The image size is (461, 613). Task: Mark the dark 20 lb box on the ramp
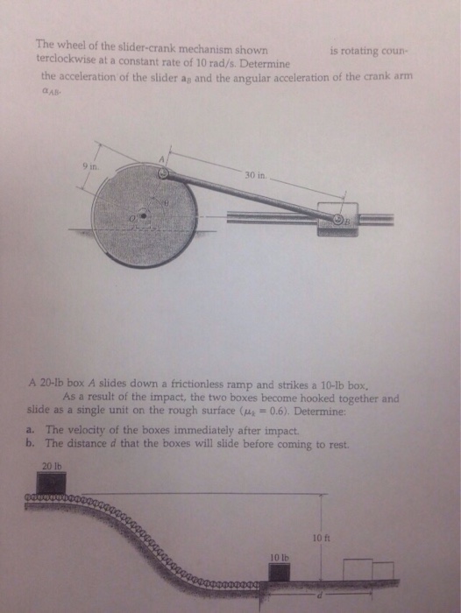(52, 483)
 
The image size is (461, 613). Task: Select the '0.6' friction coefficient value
(294, 409)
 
